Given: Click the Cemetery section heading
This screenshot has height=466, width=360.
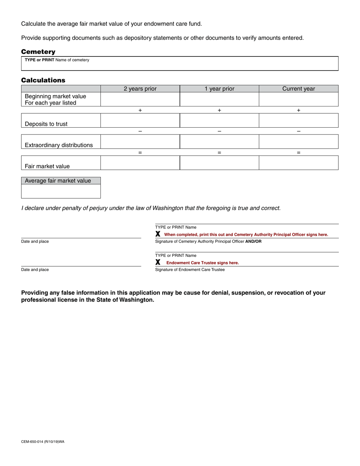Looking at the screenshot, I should [38, 52].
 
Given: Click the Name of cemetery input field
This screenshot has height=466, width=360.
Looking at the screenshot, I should [180, 65].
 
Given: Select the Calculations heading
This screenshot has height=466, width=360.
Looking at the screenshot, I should [43, 80].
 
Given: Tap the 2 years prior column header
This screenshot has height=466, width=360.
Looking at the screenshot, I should [140, 89].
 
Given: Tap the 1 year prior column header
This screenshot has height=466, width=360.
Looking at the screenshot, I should [219, 89].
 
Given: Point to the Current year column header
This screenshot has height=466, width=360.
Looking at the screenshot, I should [299, 89].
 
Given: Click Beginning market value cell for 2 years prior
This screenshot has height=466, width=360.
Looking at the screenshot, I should [140, 99].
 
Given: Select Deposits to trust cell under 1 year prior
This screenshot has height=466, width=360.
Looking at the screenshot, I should [219, 120].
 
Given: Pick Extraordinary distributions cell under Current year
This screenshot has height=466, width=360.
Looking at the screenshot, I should [299, 142].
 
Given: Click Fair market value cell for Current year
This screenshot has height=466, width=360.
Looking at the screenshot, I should [299, 163].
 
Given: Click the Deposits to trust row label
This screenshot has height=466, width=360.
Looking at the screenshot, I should [46, 124].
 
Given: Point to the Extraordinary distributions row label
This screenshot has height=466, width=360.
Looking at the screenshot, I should [59, 145].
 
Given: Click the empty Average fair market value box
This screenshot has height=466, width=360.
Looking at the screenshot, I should [61, 191].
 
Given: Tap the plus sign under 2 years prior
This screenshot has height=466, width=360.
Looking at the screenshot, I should [140, 110].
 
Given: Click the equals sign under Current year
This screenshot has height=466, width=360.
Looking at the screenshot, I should [299, 153].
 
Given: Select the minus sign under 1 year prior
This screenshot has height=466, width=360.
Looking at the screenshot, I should [219, 131].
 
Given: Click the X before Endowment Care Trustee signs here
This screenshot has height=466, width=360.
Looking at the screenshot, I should [158, 262].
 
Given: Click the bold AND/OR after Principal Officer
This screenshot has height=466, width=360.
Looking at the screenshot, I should [254, 241].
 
